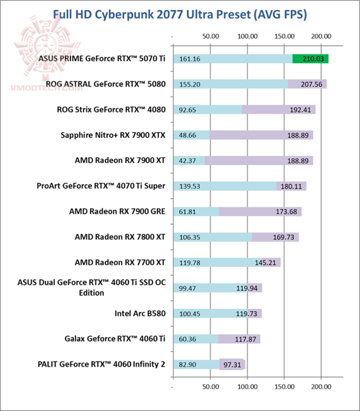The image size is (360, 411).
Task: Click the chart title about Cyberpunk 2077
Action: click(x=179, y=14)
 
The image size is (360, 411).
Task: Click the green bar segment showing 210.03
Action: click(x=310, y=59)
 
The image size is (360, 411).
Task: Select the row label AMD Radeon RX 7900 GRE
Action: click(x=117, y=211)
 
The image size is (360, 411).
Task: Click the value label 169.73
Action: click(x=286, y=237)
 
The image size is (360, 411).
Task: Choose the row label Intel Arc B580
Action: click(x=140, y=313)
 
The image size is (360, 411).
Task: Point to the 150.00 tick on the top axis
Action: click(x=284, y=36)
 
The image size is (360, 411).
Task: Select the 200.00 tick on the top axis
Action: click(x=321, y=36)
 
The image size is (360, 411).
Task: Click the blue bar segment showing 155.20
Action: click(x=230, y=84)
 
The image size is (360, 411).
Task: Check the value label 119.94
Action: click(x=247, y=288)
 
